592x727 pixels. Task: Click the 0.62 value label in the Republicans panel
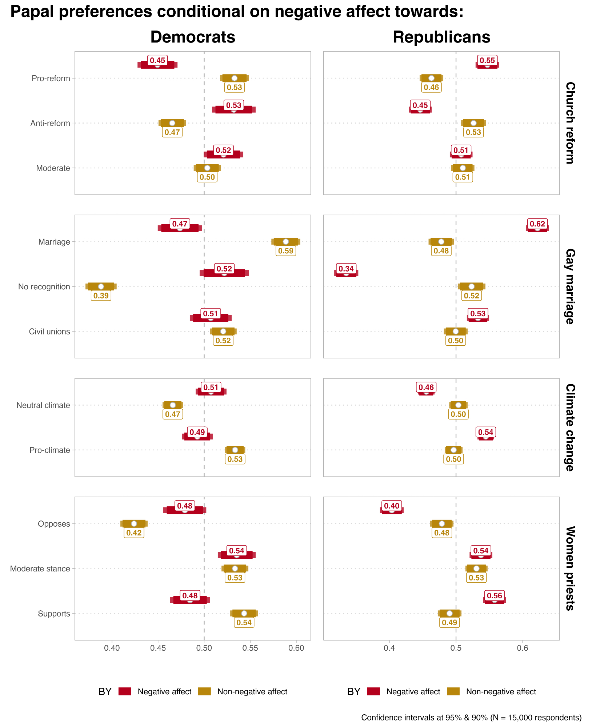point(537,224)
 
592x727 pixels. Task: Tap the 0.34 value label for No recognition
point(346,269)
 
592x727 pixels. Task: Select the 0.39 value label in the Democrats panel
point(101,296)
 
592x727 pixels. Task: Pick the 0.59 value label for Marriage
point(285,251)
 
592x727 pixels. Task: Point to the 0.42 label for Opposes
point(134,533)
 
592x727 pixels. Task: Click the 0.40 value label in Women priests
point(391,506)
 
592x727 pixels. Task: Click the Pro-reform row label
point(51,79)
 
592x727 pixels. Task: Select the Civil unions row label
point(49,332)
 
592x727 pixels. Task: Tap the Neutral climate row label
point(43,405)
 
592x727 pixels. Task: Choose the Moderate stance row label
point(40,569)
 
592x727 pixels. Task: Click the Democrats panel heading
point(193,37)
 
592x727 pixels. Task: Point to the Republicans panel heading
point(441,37)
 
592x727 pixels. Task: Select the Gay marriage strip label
point(570,286)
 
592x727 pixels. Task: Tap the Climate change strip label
point(570,427)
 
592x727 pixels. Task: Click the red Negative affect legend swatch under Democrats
point(125,691)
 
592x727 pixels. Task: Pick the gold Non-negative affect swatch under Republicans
point(453,691)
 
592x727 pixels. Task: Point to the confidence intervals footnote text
point(471,718)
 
